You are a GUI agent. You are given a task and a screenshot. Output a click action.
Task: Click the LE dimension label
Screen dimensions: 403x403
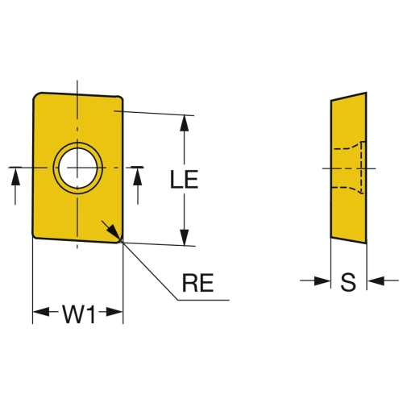185,179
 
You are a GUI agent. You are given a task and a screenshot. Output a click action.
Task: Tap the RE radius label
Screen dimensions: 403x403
198,283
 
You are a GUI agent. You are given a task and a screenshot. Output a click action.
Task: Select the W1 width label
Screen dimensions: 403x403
79,314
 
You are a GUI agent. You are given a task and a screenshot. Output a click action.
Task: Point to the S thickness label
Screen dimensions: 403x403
348,282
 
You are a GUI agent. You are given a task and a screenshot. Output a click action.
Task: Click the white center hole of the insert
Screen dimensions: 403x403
78,168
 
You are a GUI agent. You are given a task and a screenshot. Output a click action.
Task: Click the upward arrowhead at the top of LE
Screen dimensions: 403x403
184,123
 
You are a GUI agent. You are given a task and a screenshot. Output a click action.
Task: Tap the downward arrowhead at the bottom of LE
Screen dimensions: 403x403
185,238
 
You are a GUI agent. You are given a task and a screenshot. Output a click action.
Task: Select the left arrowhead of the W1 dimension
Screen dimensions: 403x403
41,312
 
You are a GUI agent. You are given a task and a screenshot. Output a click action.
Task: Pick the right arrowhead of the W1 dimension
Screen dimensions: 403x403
114,312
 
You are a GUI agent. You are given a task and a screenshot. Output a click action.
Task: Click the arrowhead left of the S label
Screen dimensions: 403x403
322,280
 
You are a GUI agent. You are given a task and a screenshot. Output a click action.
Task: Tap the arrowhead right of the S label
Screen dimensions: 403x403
376,280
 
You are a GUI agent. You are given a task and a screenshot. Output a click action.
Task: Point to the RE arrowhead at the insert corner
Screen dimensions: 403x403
114,232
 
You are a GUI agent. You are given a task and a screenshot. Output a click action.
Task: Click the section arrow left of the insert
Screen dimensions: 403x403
15,186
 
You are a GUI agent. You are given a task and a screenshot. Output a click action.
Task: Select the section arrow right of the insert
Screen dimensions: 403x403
138,186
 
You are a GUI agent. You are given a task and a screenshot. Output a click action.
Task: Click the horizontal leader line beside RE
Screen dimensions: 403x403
203,300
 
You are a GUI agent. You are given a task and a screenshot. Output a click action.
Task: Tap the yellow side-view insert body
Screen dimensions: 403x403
349,168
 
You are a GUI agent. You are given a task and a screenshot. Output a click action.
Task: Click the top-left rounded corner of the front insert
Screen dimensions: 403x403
36,96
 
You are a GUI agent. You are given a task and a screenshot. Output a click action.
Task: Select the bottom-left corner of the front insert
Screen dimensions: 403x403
35,236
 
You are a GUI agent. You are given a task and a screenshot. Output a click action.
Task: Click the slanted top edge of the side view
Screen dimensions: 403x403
349,97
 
